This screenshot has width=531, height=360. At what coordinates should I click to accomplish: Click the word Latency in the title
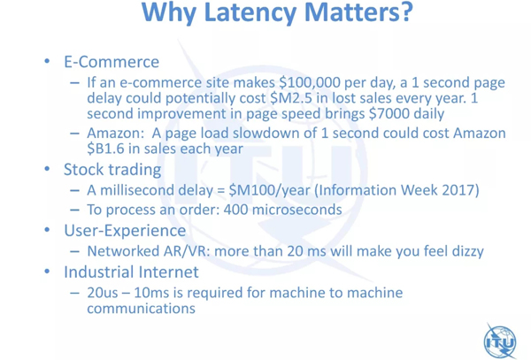click(251, 12)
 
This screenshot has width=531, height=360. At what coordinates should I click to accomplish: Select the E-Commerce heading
click(112, 62)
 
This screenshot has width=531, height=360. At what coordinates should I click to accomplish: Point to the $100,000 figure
click(306, 83)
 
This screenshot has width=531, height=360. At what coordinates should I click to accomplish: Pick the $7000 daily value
click(389, 113)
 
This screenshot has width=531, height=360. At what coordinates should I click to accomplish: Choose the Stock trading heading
click(112, 170)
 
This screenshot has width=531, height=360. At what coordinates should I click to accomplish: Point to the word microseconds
click(297, 210)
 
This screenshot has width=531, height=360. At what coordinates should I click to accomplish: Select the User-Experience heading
click(125, 231)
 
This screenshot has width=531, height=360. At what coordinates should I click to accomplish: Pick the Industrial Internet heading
click(131, 272)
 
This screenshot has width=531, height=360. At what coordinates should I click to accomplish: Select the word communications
click(142, 308)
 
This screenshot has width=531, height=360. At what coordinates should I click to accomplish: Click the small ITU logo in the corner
click(501, 341)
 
